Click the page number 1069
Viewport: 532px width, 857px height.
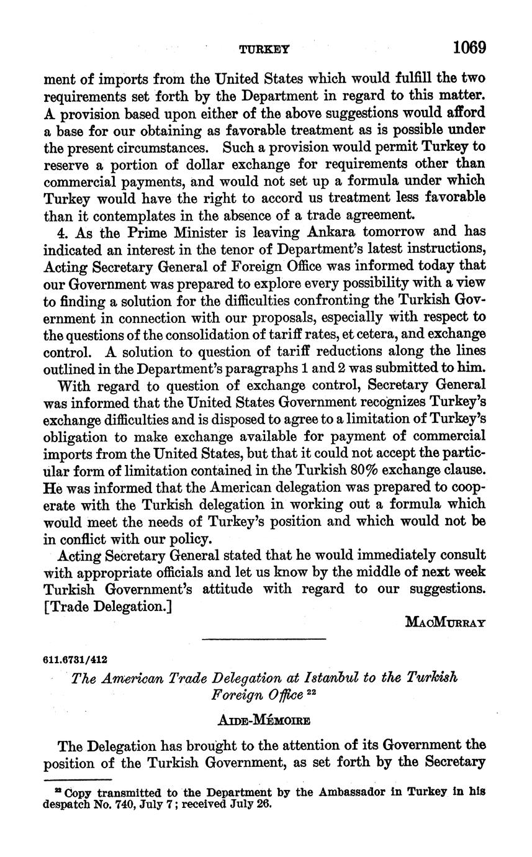pos(469,47)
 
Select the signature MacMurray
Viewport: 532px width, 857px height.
pos(445,621)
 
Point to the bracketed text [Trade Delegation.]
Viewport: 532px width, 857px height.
pos(107,606)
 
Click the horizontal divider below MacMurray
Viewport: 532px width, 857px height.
pos(264,638)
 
